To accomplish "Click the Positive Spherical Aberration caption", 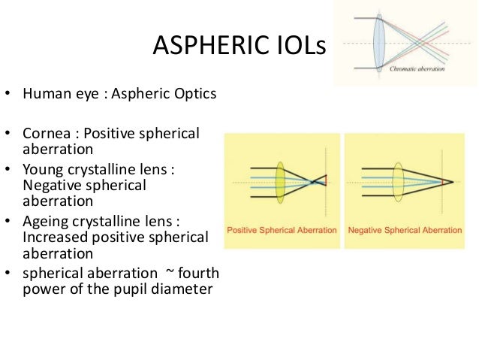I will [x=282, y=230].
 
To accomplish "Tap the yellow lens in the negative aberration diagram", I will [x=397, y=181].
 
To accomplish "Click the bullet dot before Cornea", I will [x=9, y=135].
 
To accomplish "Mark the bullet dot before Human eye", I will [x=9, y=95].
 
